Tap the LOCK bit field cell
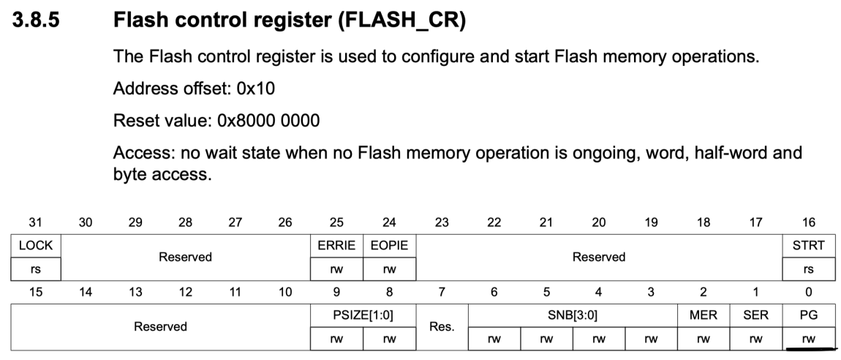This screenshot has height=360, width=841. [x=35, y=246]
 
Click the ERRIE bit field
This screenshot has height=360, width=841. [x=336, y=246]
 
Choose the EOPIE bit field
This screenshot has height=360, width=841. [x=388, y=246]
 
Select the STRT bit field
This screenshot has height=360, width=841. [x=808, y=246]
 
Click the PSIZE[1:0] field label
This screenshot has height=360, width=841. [x=363, y=315]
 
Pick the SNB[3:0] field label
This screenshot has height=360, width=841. [x=572, y=315]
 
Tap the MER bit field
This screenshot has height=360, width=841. [x=703, y=315]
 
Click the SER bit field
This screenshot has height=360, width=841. [x=755, y=315]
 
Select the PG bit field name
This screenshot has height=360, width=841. [x=808, y=315]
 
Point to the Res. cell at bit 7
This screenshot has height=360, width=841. [x=442, y=326]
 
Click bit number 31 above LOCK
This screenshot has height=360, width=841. [x=35, y=222]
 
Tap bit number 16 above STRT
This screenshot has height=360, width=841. [x=808, y=222]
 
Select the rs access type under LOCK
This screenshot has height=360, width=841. [x=35, y=269]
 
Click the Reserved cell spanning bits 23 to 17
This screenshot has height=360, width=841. [x=599, y=258]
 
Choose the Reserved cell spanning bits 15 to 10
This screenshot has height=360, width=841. [x=160, y=326]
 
